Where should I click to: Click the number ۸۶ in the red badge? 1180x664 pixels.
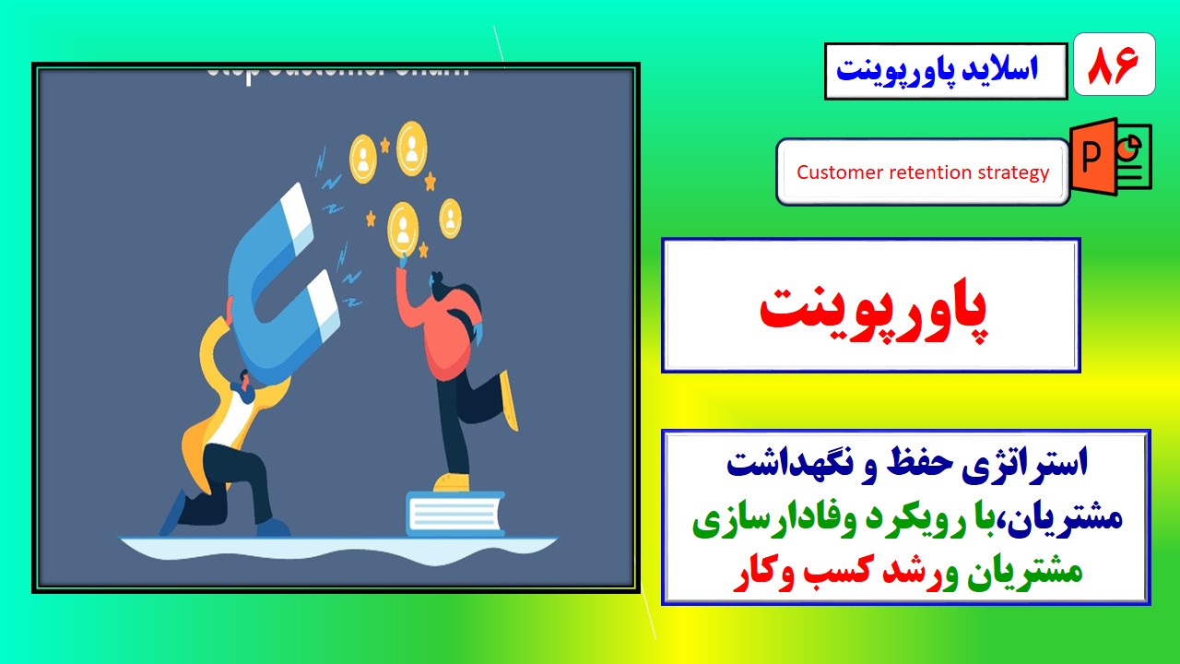(x=1114, y=65)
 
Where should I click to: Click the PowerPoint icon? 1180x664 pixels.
(x=1109, y=157)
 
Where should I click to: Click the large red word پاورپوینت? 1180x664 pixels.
(x=871, y=308)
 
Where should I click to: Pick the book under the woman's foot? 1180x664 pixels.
(x=455, y=513)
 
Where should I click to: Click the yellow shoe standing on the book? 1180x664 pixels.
(x=451, y=483)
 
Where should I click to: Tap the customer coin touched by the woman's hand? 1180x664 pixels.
(x=403, y=226)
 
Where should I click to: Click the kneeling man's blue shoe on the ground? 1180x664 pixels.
(x=273, y=528)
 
